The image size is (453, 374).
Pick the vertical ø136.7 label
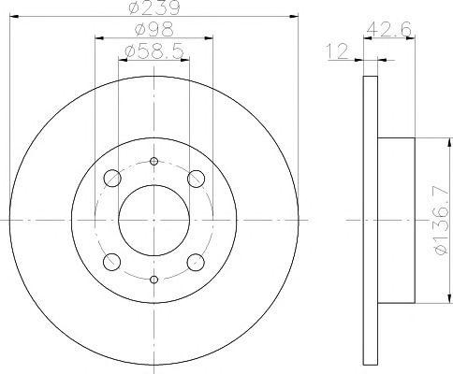click(x=431, y=221)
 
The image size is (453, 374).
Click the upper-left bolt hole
click(x=113, y=178)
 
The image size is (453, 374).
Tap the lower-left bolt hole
click(x=113, y=261)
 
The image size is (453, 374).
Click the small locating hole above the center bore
click(x=154, y=160)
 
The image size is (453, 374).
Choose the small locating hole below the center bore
click(x=154, y=279)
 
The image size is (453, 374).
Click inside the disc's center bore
click(x=154, y=219)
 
